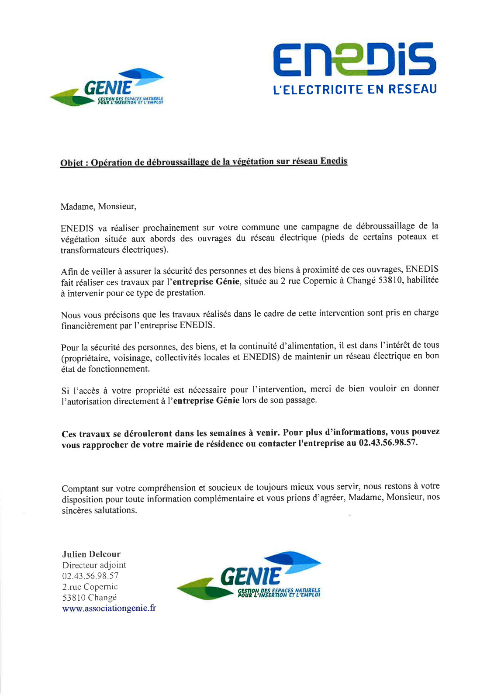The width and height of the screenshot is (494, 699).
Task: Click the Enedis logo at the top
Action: point(354,59)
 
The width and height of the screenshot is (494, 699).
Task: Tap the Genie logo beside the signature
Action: point(249,577)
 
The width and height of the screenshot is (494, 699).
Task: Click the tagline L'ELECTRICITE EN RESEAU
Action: point(355,90)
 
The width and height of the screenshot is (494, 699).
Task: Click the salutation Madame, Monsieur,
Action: point(98,207)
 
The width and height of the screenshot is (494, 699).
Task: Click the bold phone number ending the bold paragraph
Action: point(388,443)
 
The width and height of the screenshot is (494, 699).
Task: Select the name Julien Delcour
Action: point(91,554)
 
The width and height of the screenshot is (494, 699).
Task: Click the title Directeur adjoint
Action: point(94,565)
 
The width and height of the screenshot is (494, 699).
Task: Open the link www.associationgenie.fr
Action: point(109,609)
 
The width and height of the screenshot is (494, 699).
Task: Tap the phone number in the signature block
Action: point(90,576)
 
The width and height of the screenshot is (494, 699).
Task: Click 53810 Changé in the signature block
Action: point(90,598)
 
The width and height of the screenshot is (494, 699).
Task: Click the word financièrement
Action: point(89,326)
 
